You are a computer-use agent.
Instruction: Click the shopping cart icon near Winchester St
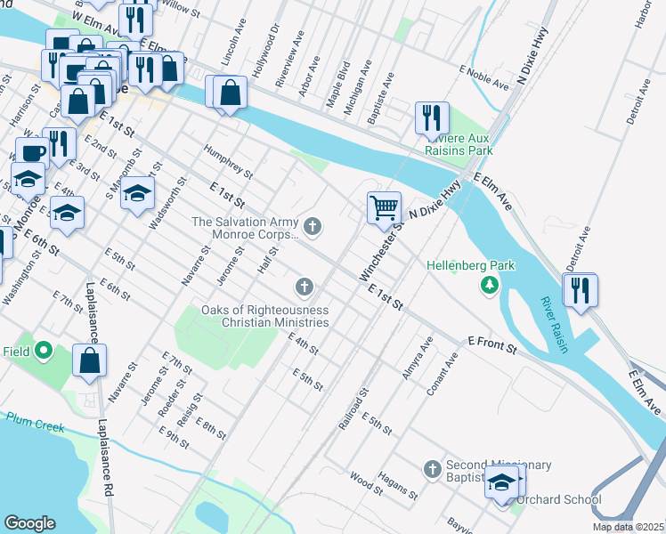click(384, 208)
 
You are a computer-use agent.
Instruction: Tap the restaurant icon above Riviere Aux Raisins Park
click(432, 117)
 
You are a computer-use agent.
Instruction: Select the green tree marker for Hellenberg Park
click(488, 285)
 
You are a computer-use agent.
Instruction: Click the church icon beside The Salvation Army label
click(312, 228)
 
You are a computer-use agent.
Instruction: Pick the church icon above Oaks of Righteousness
click(305, 287)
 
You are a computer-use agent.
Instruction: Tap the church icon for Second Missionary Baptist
click(432, 468)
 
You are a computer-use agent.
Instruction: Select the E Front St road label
click(492, 345)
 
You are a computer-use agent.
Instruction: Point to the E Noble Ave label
click(483, 77)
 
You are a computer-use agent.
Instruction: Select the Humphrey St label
click(229, 162)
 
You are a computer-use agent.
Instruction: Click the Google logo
click(30, 523)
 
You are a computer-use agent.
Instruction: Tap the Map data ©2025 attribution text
click(628, 527)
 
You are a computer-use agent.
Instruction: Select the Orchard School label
click(559, 500)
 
